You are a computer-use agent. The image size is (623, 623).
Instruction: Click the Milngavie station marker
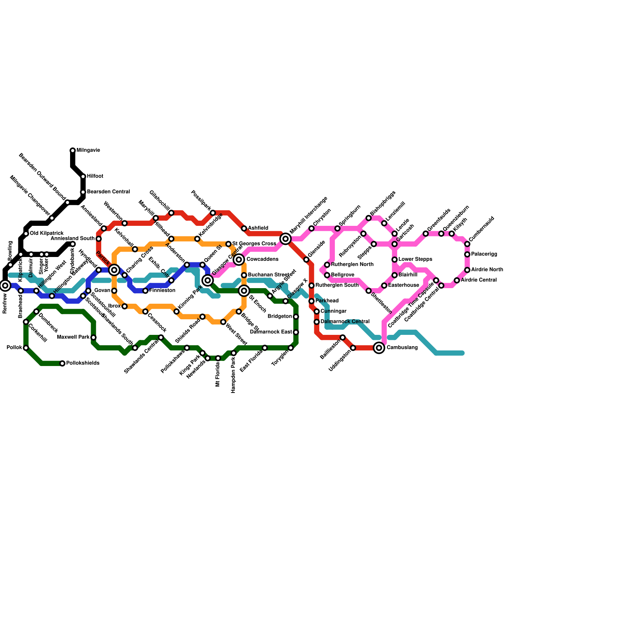click(72, 150)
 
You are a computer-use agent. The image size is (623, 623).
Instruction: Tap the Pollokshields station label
click(83, 363)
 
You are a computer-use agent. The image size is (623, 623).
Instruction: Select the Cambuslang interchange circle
click(379, 348)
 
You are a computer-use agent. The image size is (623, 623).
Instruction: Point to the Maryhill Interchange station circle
click(285, 239)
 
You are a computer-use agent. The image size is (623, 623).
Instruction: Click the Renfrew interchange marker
click(5, 285)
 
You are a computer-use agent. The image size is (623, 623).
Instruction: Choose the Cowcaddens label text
click(262, 259)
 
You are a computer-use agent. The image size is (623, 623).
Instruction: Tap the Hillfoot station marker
click(83, 176)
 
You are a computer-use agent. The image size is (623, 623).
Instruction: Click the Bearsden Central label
click(108, 192)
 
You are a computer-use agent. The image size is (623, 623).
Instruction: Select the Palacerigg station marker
click(467, 254)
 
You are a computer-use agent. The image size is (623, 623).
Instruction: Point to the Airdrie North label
click(487, 270)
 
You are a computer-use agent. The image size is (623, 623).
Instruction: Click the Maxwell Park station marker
click(93, 337)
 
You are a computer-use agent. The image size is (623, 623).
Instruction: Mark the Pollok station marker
click(26, 348)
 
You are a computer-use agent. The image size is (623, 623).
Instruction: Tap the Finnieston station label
click(162, 290)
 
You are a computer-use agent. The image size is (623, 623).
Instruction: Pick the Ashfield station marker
click(244, 228)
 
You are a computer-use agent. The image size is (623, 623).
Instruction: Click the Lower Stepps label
click(415, 259)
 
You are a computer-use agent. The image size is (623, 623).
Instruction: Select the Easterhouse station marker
click(384, 285)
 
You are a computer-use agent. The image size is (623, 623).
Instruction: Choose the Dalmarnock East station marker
click(296, 332)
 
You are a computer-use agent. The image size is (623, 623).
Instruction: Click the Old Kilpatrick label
click(46, 234)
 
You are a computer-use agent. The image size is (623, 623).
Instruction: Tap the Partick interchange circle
click(114, 270)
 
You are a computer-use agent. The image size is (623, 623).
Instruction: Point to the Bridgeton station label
click(280, 317)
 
